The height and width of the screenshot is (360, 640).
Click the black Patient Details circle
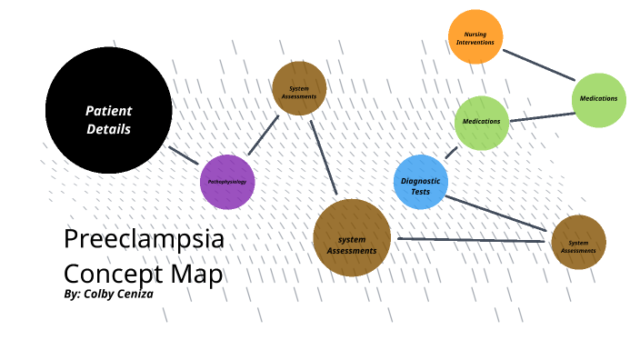[x=108, y=110]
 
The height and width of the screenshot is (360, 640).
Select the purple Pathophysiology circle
[x=227, y=182]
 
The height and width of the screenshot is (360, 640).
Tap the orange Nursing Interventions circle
[x=475, y=37]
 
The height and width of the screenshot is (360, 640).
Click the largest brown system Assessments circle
[x=352, y=237]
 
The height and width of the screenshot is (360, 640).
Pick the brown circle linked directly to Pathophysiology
[x=299, y=88]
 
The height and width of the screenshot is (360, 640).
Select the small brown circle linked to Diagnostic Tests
[x=578, y=243]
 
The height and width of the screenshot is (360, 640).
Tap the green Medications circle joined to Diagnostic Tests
[x=481, y=122]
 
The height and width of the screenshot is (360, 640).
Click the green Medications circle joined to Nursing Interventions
[x=599, y=99]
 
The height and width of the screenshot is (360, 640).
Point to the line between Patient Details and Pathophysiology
[x=184, y=155]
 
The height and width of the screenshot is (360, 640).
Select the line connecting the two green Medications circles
[x=542, y=117]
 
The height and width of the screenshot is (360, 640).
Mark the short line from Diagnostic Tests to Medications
[x=452, y=152]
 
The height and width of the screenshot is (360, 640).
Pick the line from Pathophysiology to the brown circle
[x=263, y=135]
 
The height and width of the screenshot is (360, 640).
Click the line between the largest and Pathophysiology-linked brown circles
[x=323, y=157]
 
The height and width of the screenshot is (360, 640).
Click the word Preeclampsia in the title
[x=144, y=239]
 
